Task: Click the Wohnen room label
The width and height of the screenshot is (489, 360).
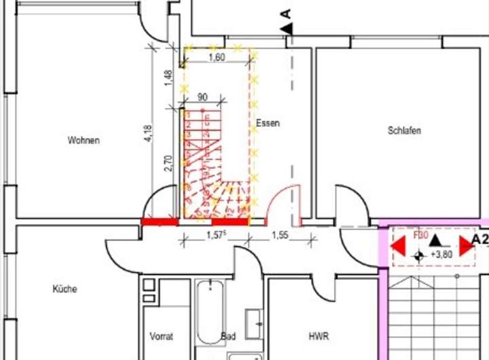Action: click(84, 141)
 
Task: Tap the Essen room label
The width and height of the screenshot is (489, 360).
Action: click(268, 124)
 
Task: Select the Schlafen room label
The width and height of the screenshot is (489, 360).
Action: click(405, 130)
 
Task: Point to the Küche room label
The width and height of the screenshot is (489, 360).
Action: click(65, 289)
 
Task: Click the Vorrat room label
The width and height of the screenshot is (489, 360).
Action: click(162, 336)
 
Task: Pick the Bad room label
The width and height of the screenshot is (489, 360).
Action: click(228, 336)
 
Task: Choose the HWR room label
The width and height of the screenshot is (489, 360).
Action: click(318, 336)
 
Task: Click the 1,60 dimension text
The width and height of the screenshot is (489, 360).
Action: click(216, 58)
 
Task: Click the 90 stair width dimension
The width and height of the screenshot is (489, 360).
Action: click(201, 98)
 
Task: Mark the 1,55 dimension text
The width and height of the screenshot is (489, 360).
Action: click(279, 235)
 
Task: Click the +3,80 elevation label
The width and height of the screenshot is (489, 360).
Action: click(441, 255)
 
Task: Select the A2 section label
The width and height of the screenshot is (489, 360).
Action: click(479, 239)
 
